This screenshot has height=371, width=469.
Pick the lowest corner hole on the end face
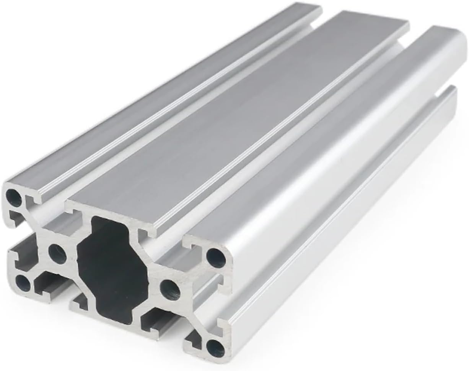215,348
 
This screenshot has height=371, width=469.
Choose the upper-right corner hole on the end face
216,257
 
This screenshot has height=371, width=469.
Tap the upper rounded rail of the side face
344,153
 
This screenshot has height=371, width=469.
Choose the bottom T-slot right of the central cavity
155,318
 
